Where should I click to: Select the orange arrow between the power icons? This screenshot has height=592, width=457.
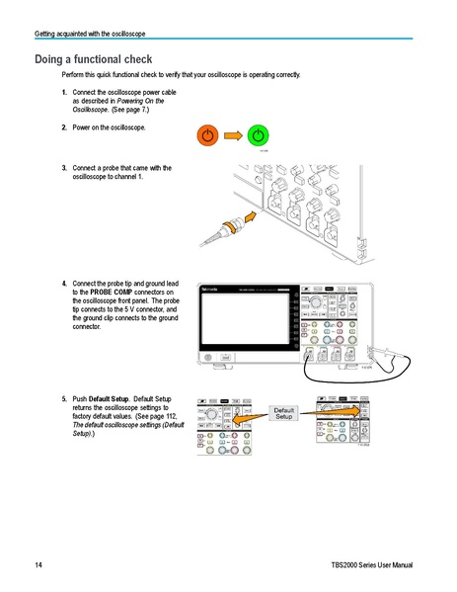tap(233, 134)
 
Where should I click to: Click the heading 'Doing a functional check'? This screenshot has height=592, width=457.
tap(93, 59)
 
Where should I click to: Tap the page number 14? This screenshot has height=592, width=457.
tap(38, 564)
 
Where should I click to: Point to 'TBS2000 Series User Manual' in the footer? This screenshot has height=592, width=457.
tap(370, 564)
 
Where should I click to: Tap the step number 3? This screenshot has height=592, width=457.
tap(64, 167)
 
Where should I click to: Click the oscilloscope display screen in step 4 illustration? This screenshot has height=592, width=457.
tap(246, 318)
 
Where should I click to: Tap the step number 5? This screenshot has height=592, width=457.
tap(64, 398)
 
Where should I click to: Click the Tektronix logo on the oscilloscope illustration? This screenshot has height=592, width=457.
tap(209, 289)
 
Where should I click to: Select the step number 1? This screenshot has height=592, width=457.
tap(64, 92)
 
